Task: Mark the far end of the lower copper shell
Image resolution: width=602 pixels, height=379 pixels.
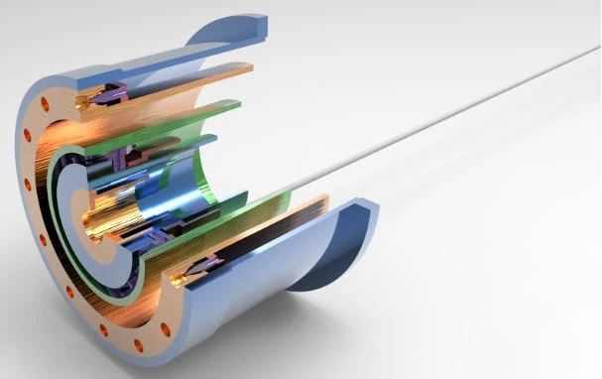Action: coord(317,202)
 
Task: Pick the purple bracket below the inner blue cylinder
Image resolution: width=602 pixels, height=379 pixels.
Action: coord(159,236)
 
